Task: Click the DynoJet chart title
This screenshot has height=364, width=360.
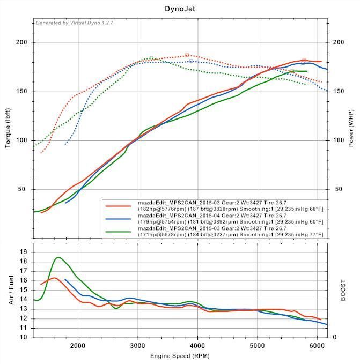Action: point(179,9)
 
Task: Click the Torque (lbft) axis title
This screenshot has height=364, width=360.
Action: point(9,128)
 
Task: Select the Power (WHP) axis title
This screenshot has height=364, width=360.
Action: point(351,128)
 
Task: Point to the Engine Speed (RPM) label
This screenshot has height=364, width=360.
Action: point(179,356)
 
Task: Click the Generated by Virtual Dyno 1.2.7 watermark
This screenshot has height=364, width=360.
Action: point(74,23)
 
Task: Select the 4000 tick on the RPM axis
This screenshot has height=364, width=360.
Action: point(198,345)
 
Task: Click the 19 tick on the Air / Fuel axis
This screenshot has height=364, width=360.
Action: point(24,251)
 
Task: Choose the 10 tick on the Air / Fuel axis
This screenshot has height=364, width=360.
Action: point(24,337)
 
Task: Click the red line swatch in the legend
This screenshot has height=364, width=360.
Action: point(119,205)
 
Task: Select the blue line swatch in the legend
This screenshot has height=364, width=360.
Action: point(119,219)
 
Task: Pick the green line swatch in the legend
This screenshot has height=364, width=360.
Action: point(119,232)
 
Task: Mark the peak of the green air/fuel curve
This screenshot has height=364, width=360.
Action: point(58,257)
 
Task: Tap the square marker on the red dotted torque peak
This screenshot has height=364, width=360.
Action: point(187,55)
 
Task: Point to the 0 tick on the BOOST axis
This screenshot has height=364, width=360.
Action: point(335,337)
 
